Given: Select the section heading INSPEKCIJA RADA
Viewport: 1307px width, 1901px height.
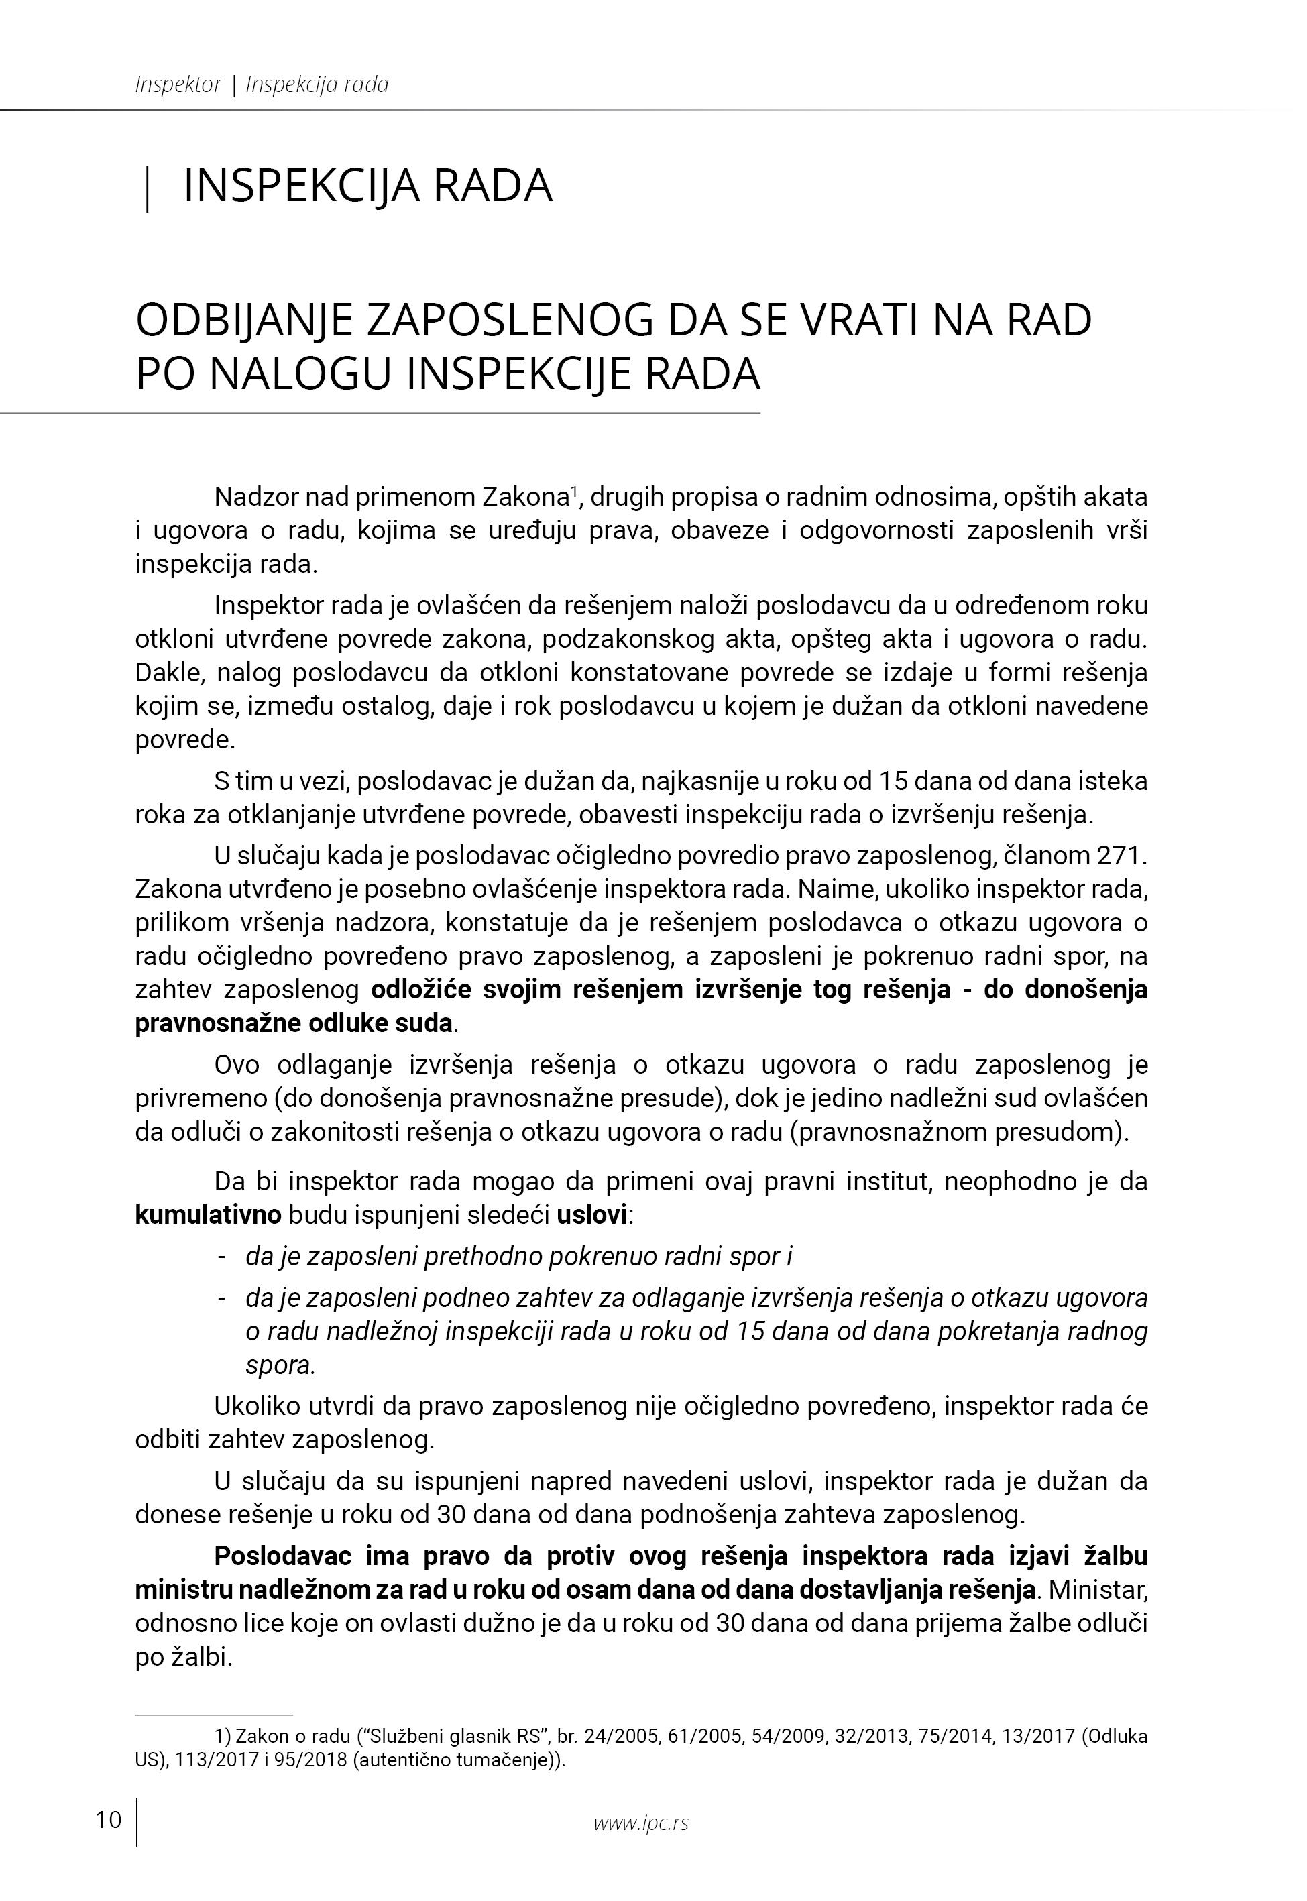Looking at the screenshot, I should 367,186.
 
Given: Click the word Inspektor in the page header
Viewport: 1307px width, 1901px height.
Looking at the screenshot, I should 178,84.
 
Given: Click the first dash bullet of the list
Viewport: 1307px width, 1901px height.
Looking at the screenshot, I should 221,1257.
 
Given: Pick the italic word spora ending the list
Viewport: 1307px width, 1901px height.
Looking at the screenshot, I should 278,1365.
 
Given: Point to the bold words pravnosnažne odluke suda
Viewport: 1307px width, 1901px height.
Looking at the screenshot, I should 293,1023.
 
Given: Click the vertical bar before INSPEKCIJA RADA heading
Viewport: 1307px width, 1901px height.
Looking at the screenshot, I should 147,188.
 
